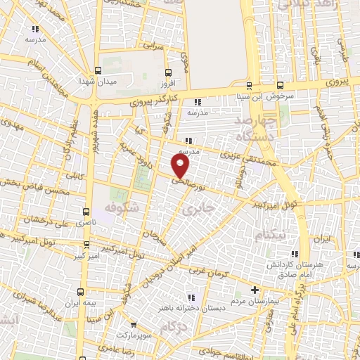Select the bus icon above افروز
coord(167,72)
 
